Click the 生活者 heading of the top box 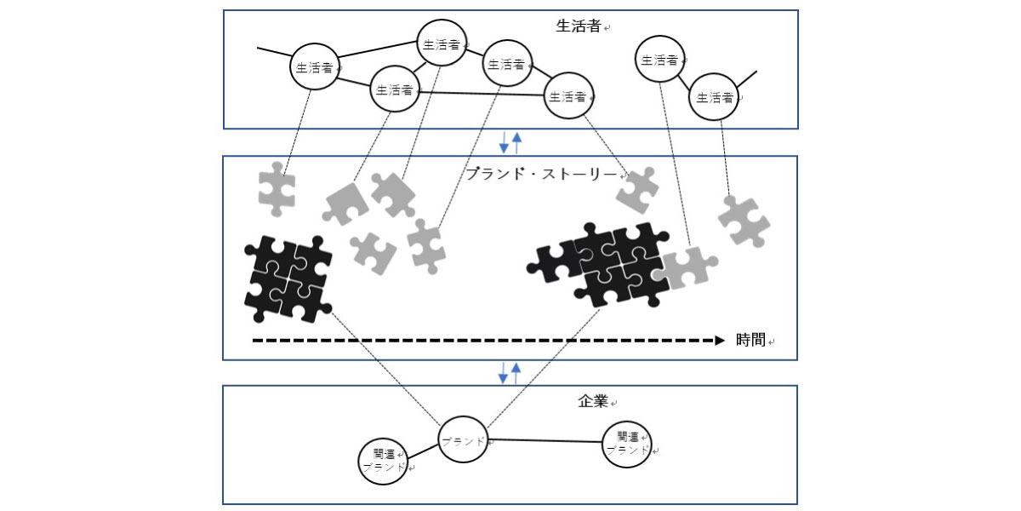coord(578,26)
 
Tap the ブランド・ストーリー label coord(541,174)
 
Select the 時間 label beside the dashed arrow coord(751,341)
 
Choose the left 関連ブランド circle coord(384,461)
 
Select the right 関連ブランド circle coord(628,444)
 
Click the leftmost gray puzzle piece coord(277,188)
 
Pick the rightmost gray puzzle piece coord(744,221)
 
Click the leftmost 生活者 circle coord(315,67)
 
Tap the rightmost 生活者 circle coord(714,97)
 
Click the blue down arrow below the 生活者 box coord(504,141)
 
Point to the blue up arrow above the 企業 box coord(516,372)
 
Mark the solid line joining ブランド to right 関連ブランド coord(545,441)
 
